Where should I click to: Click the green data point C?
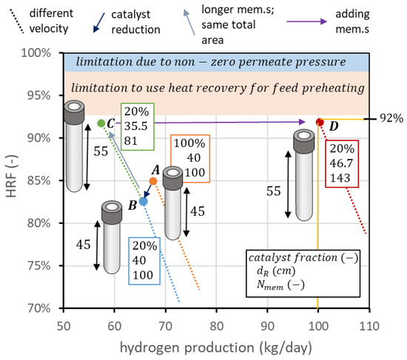coord(101,123)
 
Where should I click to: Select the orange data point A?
coord(153,181)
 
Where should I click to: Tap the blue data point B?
coord(144,201)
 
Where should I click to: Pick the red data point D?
coord(320,122)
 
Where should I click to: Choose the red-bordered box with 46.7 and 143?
coord(344,163)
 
